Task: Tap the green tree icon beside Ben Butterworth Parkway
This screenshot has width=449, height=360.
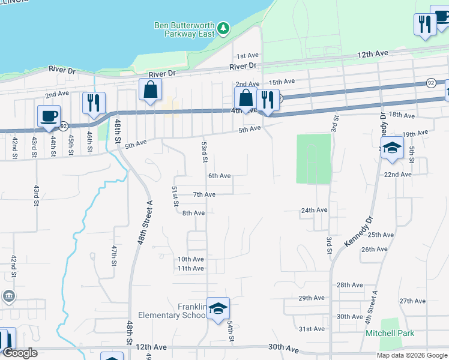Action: tap(223, 28)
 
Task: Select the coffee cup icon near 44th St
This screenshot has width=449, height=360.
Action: tap(49, 116)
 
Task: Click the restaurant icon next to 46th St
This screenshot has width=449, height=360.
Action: tap(94, 103)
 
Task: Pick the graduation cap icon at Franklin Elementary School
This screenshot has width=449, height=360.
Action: tap(218, 308)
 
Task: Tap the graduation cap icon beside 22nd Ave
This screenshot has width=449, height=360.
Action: tap(392, 148)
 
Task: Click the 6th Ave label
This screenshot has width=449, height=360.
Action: tap(220, 176)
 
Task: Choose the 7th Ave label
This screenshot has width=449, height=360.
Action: tap(204, 194)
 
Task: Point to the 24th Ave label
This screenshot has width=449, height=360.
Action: tap(314, 211)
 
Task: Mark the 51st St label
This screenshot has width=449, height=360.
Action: tap(175, 196)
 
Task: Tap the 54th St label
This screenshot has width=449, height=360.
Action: tap(230, 331)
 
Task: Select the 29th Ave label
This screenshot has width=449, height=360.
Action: tap(312, 298)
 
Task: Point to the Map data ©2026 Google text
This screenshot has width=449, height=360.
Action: tap(412, 355)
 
